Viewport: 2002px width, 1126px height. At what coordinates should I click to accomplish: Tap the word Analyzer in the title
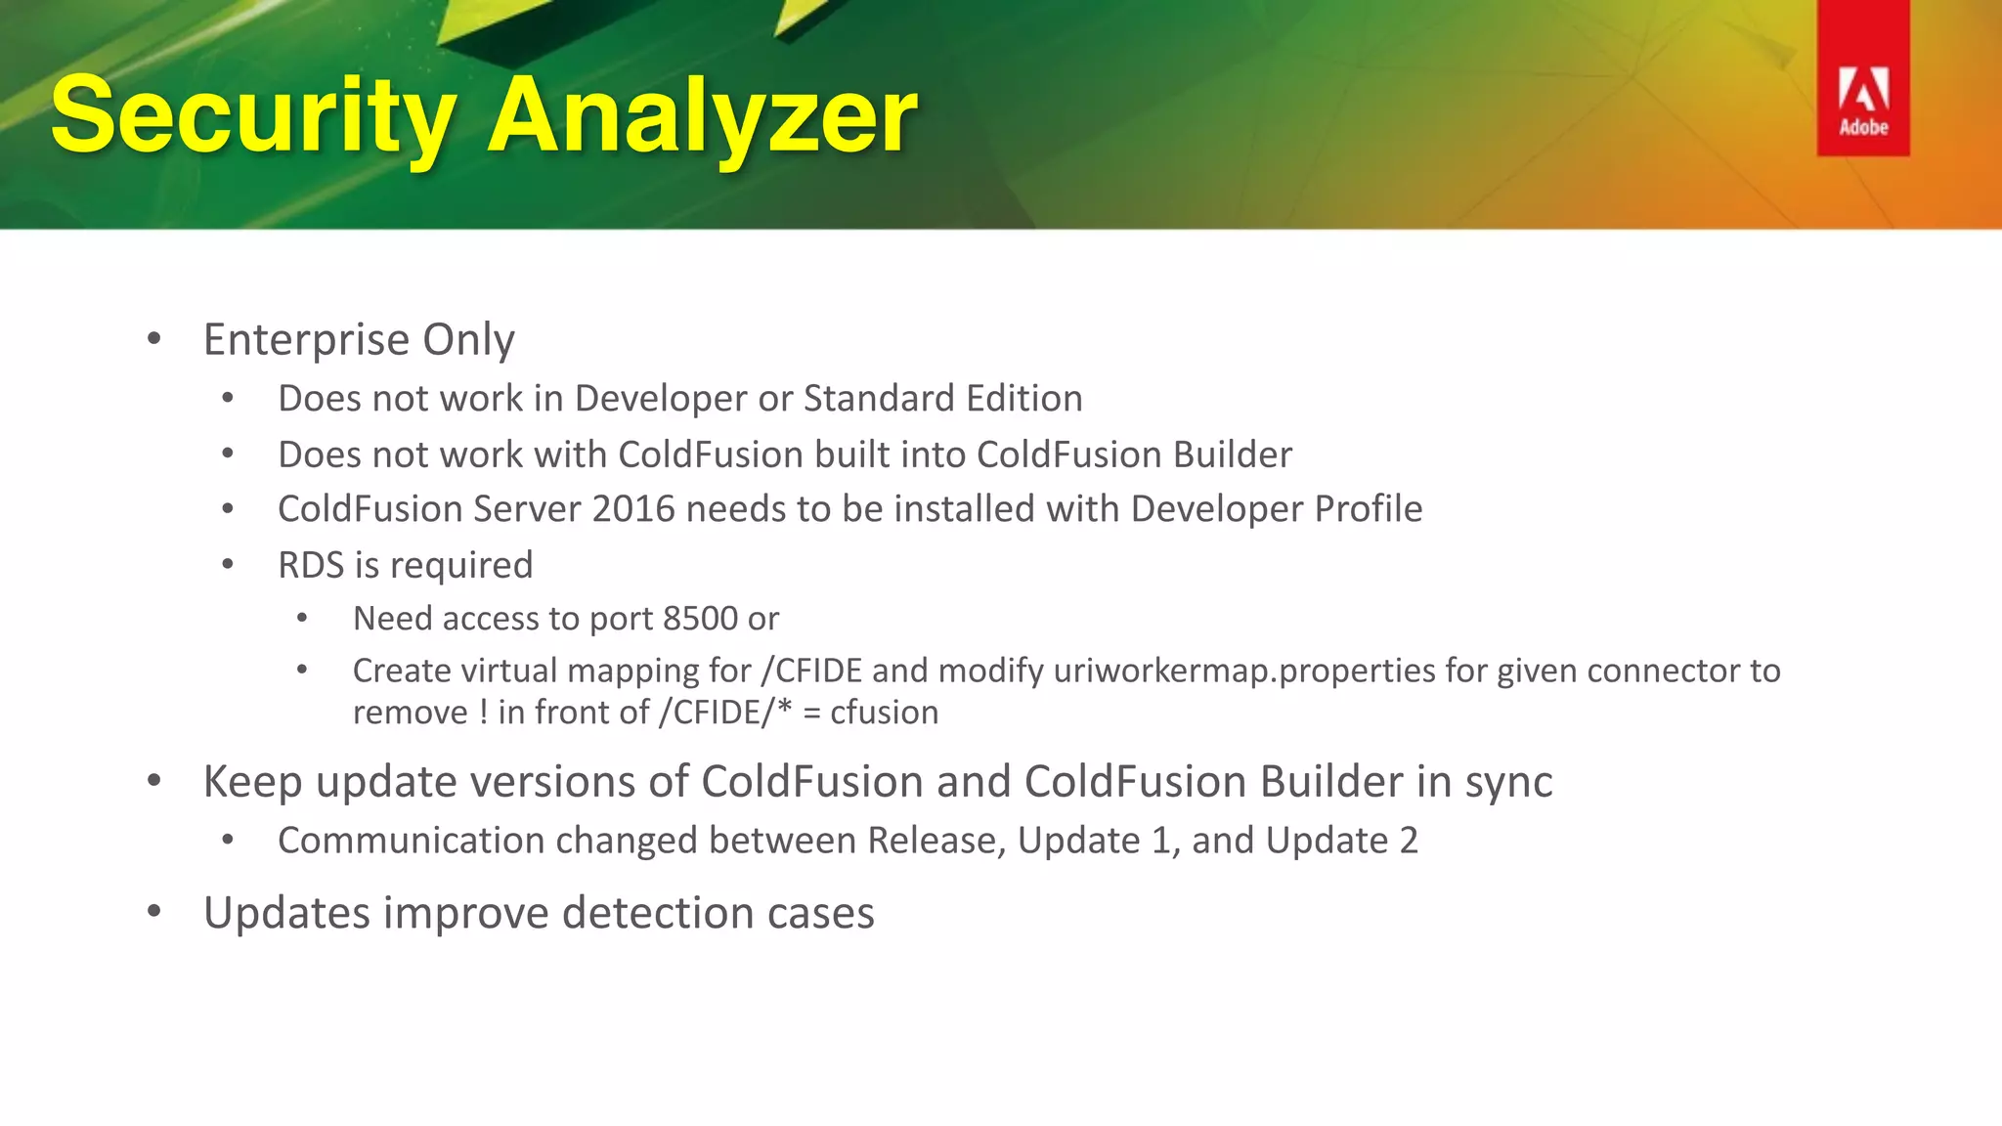(x=702, y=117)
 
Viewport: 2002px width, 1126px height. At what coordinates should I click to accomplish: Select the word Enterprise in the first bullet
(x=306, y=340)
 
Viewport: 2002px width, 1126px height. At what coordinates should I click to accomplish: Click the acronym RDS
(x=311, y=565)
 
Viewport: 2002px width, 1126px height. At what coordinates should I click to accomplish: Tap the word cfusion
(x=884, y=713)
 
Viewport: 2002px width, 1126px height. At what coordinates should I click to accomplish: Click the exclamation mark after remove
(x=484, y=713)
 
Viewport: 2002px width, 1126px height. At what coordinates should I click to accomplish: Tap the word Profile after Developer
(x=1368, y=509)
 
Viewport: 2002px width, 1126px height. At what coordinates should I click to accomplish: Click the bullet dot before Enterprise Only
(x=153, y=340)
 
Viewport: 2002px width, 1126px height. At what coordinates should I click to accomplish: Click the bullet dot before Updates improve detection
(x=153, y=913)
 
